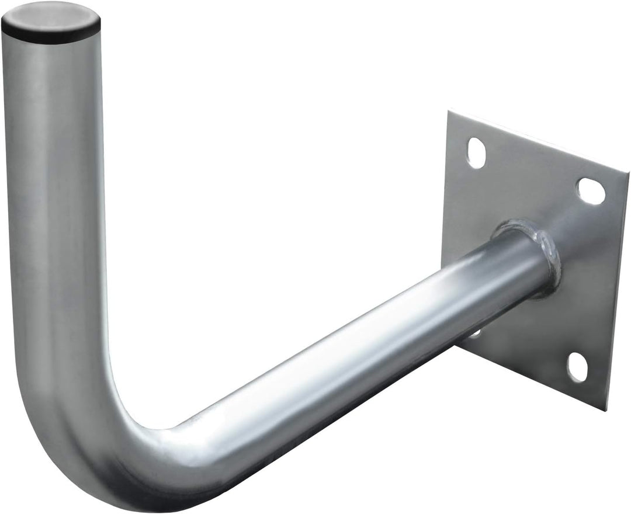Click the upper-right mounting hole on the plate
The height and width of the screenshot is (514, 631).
591,190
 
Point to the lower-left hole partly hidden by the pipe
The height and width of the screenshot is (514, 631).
475,334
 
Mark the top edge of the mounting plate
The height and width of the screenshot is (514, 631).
538,133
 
